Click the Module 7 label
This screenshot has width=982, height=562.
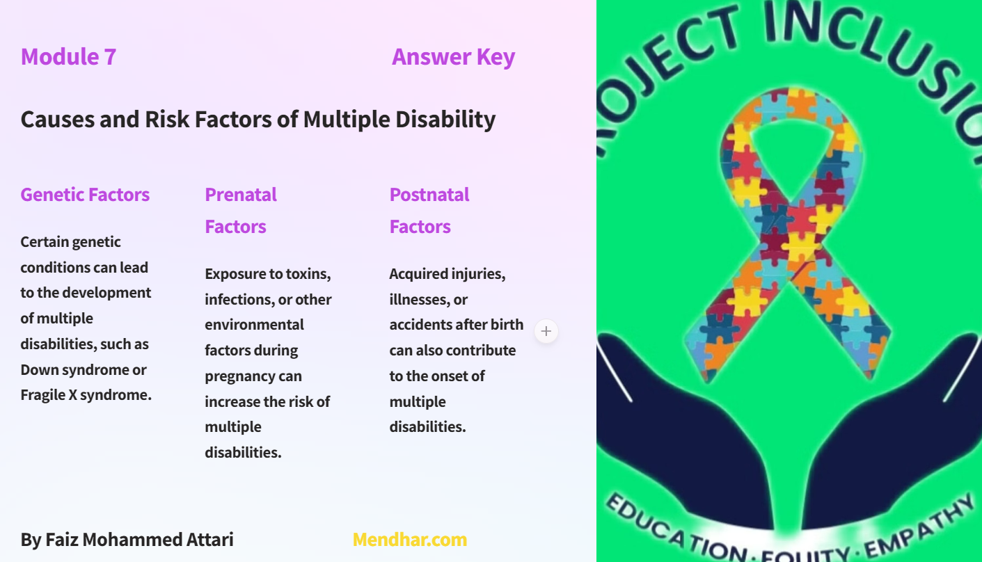pyautogui.click(x=68, y=56)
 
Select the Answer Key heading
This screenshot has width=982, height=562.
pyautogui.click(x=453, y=56)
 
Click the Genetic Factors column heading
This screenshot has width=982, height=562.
pyautogui.click(x=85, y=195)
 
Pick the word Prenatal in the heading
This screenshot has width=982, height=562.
pyautogui.click(x=241, y=195)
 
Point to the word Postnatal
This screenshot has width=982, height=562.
pyautogui.click(x=429, y=195)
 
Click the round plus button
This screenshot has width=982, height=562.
pyautogui.click(x=546, y=331)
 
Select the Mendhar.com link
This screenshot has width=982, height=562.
pyautogui.click(x=409, y=539)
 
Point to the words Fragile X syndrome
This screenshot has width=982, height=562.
pyautogui.click(x=86, y=395)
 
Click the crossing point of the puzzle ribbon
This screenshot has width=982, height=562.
pyautogui.click(x=790, y=236)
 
